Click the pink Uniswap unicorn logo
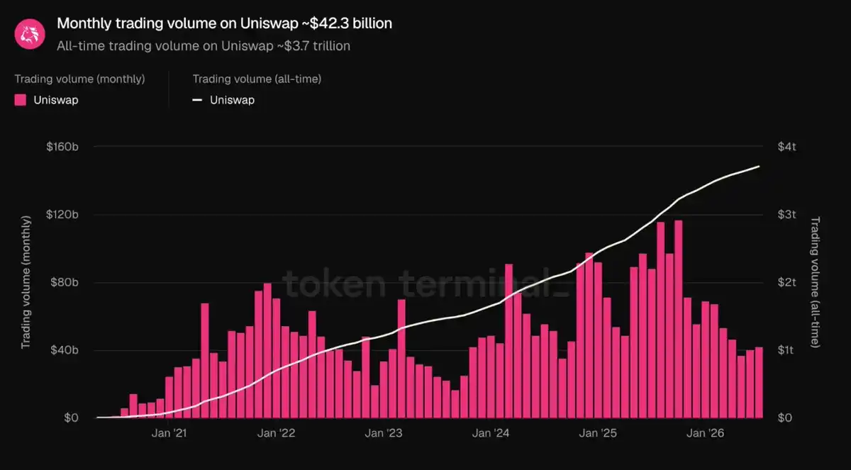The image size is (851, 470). click(x=30, y=34)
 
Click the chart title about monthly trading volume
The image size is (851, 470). click(x=225, y=23)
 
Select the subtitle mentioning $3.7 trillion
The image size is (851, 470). click(x=204, y=46)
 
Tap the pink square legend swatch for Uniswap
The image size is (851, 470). click(x=20, y=100)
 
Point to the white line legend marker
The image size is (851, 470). click(x=197, y=100)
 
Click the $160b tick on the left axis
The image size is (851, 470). click(x=62, y=147)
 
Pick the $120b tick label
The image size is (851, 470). click(x=62, y=215)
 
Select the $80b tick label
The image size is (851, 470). click(x=65, y=282)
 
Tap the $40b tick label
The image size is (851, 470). click(x=65, y=349)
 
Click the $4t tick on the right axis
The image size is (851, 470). click(x=786, y=147)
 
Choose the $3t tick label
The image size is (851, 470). click(x=786, y=215)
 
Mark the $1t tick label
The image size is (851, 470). click(x=786, y=349)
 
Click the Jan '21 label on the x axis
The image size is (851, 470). click(x=169, y=433)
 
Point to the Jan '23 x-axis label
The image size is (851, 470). click(x=384, y=433)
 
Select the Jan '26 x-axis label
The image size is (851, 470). click(x=705, y=433)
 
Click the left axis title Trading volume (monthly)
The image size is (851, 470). click(x=26, y=282)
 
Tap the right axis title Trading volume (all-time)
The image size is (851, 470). click(x=816, y=282)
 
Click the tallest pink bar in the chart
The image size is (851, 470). click(x=679, y=319)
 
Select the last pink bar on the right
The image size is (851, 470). click(x=759, y=382)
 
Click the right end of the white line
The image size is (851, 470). click(x=759, y=167)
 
